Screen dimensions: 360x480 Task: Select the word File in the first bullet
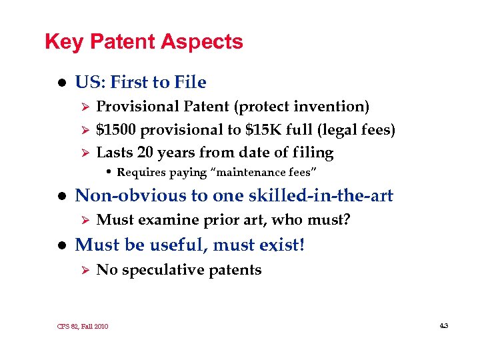pyautogui.click(x=190, y=83)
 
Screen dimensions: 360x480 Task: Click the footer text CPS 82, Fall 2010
pyautogui.click(x=83, y=326)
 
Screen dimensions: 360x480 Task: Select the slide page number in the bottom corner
pyautogui.click(x=444, y=325)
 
